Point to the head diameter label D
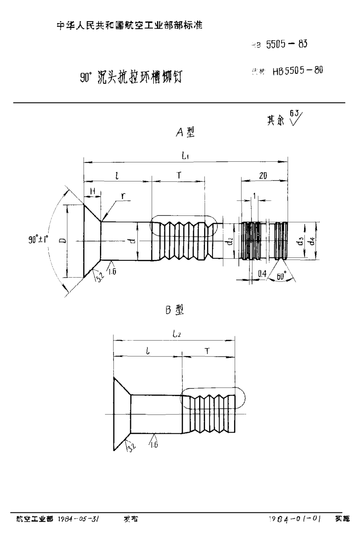tap(62, 241)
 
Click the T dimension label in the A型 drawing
tap(179, 176)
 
